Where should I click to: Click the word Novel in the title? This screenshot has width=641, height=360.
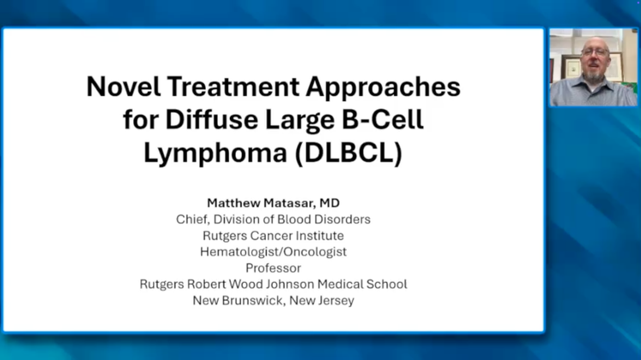tap(124, 86)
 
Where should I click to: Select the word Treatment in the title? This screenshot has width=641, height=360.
tap(233, 86)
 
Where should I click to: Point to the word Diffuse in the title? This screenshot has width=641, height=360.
tap(211, 120)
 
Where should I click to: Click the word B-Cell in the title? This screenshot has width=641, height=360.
tap(382, 120)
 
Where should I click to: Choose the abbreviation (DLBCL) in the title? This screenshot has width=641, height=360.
tap(349, 153)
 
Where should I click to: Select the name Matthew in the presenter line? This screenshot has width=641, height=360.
tap(233, 203)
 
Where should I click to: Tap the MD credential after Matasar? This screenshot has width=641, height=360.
tap(330, 203)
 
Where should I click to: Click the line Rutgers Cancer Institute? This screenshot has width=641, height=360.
tap(273, 236)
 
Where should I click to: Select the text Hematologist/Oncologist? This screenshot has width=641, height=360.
tap(273, 252)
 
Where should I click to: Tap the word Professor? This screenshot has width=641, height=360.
tap(273, 269)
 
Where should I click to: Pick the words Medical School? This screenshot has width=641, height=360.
tap(362, 284)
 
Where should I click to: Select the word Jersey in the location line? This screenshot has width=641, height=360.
tap(338, 301)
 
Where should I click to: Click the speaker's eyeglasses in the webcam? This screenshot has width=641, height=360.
tap(595, 52)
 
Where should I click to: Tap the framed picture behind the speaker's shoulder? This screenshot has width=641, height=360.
tap(571, 68)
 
